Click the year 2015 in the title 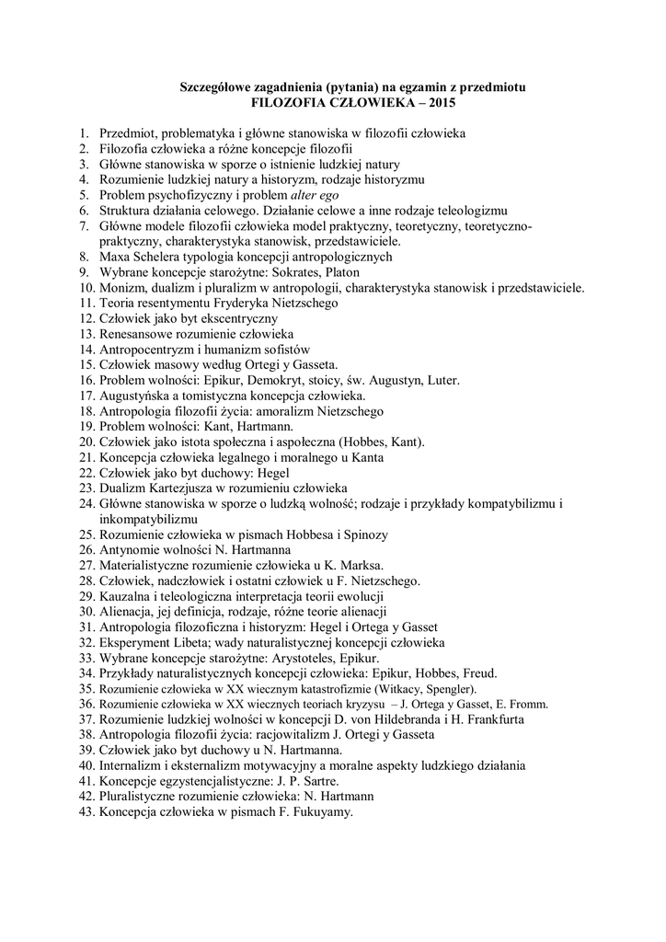tap(440, 102)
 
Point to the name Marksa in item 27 tap(361, 566)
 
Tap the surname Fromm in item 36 tap(528, 705)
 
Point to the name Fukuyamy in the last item tap(318, 813)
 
